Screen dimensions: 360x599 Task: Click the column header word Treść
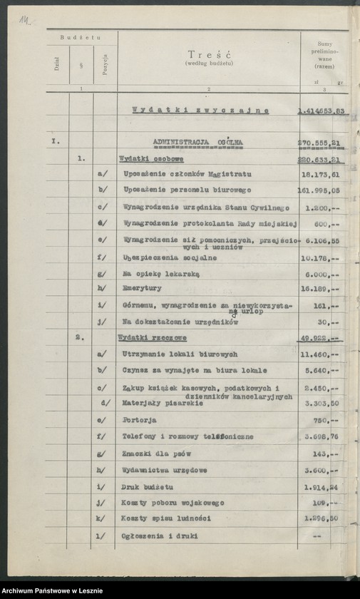[x=207, y=55]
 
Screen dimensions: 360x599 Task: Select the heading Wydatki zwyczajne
[x=200, y=111]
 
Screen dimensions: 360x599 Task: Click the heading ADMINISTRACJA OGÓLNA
[x=198, y=143]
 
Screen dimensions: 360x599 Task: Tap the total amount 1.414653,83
[x=321, y=111]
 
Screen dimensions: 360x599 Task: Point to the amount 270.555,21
[x=322, y=143]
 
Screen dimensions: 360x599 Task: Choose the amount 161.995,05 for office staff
[x=320, y=190]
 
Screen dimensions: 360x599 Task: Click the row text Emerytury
[x=142, y=288]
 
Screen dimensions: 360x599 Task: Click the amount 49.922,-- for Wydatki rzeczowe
[x=319, y=338]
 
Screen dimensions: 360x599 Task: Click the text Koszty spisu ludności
[x=160, y=519]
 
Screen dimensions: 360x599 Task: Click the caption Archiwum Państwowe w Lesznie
[x=52, y=590]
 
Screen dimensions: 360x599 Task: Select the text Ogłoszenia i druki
[x=160, y=536]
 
